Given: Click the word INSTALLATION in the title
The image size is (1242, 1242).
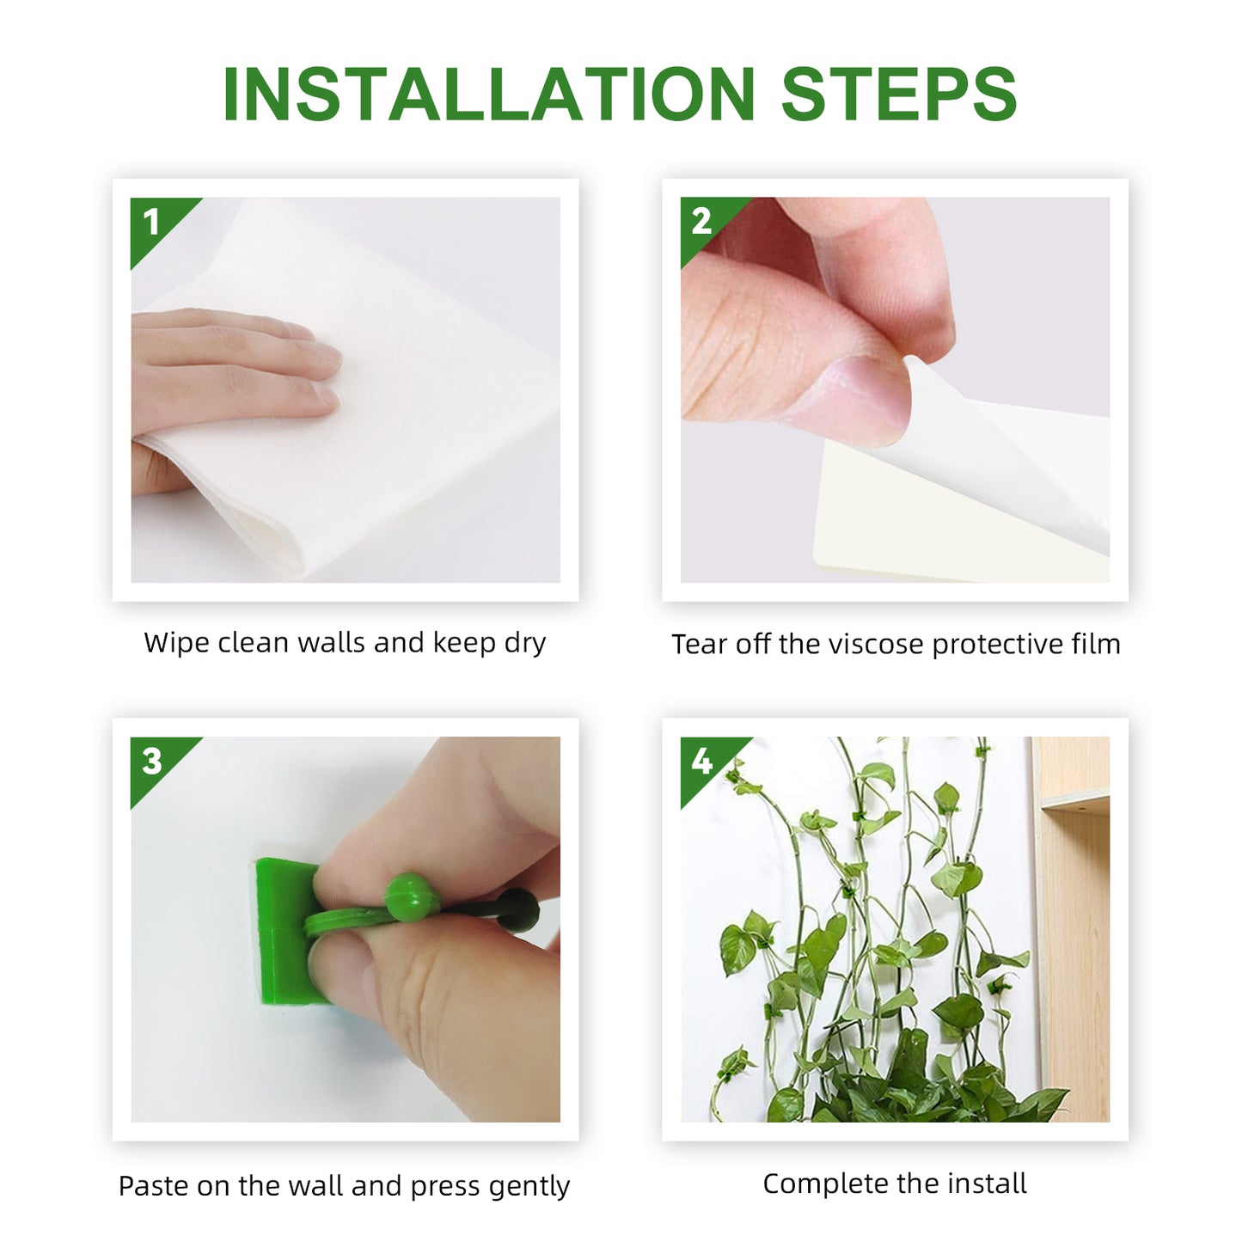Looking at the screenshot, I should tap(488, 95).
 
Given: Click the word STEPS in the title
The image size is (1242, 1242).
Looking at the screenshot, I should tap(898, 95).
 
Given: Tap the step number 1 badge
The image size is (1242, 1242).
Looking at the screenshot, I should tap(153, 223).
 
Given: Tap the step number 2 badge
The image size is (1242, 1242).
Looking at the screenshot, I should tap(702, 222).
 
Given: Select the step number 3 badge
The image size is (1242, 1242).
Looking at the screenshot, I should tap(153, 762).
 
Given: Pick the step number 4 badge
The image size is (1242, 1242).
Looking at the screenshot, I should tap(702, 762).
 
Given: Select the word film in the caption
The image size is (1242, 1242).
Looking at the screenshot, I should tap(1096, 645).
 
